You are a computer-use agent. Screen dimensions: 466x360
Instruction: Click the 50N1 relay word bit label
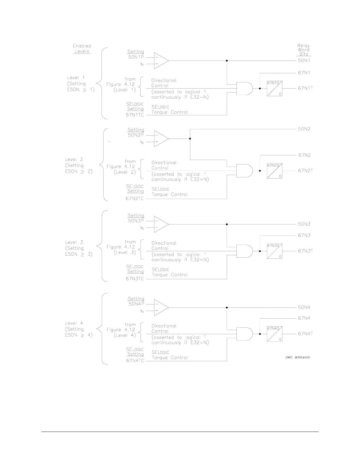point(304,61)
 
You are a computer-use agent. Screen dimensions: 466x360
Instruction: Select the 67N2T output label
point(306,171)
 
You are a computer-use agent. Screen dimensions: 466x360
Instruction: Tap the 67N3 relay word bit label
point(304,235)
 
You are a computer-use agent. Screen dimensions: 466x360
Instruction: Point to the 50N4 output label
point(304,307)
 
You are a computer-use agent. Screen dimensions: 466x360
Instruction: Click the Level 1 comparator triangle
point(161,61)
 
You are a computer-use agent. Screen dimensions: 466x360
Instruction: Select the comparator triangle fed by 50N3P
point(161,224)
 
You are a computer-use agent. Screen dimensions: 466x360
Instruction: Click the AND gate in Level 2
point(244,171)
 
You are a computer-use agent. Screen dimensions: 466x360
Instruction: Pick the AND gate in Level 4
point(244,334)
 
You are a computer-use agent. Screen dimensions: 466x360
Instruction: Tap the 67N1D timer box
point(274,88)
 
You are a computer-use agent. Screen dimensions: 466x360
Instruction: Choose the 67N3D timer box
point(274,251)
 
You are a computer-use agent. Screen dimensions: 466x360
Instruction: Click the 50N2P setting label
point(136,135)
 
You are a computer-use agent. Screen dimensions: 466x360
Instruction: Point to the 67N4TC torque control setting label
point(135,361)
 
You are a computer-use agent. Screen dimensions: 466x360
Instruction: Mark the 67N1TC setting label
point(135,115)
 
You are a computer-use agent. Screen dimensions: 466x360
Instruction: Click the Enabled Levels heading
point(82,49)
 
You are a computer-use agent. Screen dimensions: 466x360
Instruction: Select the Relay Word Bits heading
point(304,50)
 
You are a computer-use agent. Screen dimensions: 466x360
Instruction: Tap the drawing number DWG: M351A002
point(298,357)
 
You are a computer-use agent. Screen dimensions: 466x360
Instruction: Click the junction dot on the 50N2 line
point(190,139)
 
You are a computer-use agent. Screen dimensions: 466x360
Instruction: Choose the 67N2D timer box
point(274,171)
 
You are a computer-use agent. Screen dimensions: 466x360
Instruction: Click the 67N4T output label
point(306,334)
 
